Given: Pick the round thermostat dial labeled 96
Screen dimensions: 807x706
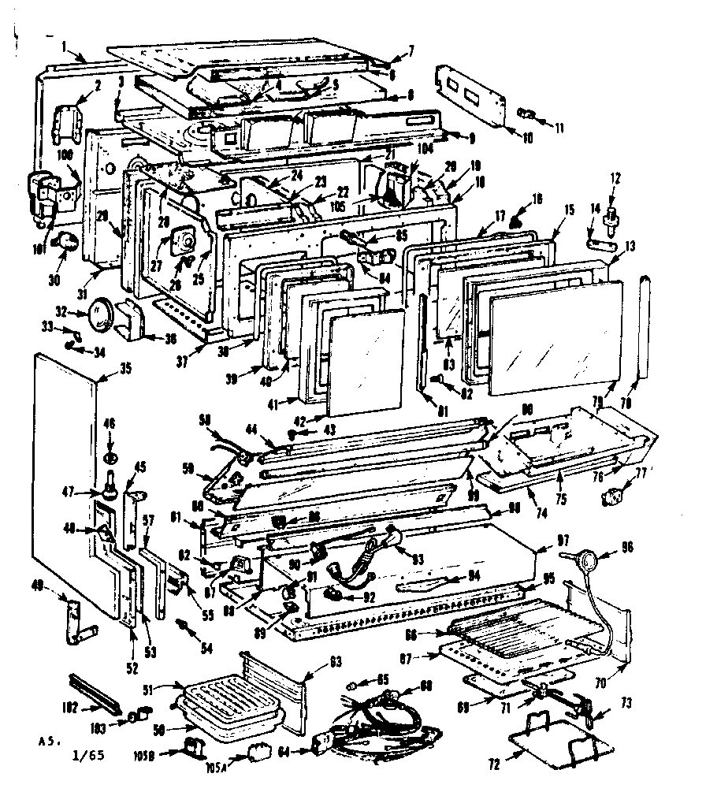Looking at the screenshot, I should (x=585, y=561).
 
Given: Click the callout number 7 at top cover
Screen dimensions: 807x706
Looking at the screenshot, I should (x=411, y=52).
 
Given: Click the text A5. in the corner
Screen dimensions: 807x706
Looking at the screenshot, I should (x=48, y=742).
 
